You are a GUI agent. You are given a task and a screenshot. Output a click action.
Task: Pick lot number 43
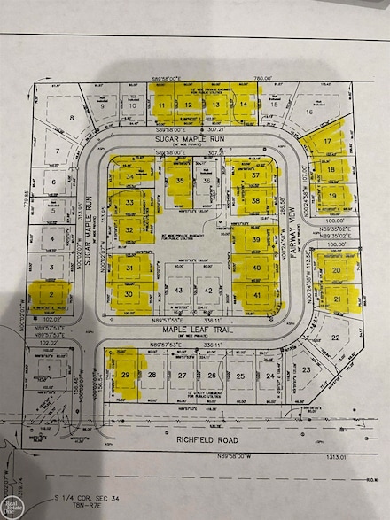coord(180,291)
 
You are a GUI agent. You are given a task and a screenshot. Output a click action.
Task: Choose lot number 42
coord(207,291)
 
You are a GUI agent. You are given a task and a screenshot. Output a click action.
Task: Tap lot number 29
coord(127,376)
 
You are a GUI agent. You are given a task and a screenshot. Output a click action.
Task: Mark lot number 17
coord(328,141)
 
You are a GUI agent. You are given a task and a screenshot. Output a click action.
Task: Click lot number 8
coord(70,117)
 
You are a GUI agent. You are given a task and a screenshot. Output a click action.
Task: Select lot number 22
coord(335,338)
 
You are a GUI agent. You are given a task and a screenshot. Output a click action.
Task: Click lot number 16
coord(309,113)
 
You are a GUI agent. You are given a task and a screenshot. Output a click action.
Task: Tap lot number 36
coord(207,181)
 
